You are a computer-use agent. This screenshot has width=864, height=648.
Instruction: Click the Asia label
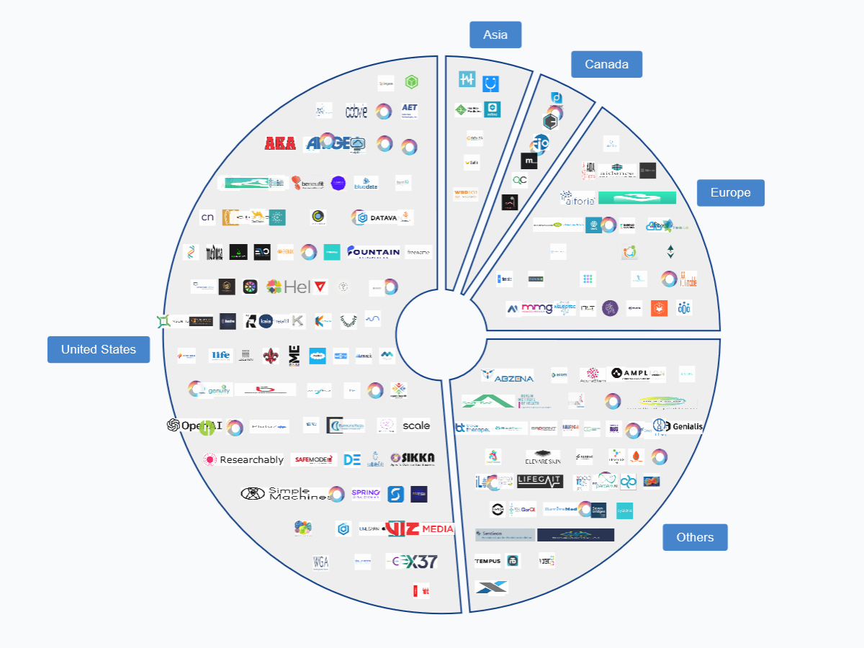(495, 35)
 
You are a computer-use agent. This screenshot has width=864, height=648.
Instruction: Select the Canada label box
(606, 64)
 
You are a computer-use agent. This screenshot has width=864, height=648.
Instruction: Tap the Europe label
(730, 192)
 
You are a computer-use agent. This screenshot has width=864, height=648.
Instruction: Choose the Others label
(695, 537)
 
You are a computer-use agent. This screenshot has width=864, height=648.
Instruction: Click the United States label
(99, 349)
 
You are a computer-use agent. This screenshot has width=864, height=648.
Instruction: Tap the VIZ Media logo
(420, 528)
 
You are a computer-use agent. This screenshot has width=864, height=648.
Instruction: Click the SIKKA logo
(413, 458)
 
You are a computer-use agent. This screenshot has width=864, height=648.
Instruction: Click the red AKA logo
(280, 143)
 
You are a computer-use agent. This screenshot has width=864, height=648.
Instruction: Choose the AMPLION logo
(636, 374)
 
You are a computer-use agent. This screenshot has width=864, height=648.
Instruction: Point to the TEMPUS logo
(487, 561)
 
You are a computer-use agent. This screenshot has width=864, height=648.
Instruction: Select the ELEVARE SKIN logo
(543, 456)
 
